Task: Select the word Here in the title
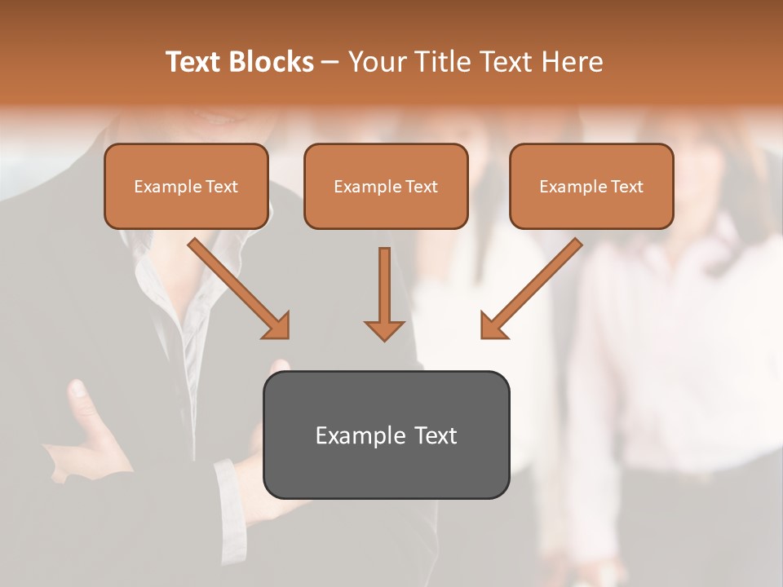[x=572, y=62]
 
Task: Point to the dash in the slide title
[x=330, y=63]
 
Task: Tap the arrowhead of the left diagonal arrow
[x=277, y=325]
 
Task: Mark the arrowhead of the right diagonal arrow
[x=493, y=325]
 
